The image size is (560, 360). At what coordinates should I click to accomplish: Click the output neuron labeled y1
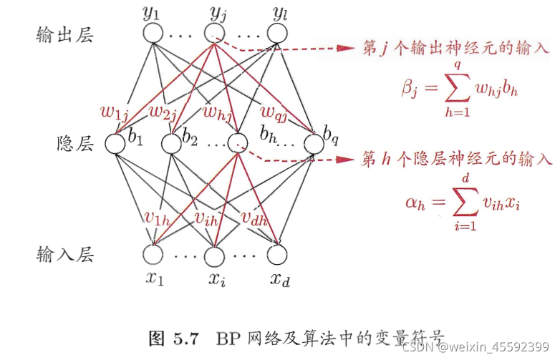153,33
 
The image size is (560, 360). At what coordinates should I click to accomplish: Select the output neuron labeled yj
214,33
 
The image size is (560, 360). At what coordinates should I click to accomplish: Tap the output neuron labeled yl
276,33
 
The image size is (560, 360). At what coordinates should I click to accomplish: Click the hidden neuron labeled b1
115,143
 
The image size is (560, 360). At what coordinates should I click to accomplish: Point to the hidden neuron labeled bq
313,143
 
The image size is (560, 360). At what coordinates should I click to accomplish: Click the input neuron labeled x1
153,254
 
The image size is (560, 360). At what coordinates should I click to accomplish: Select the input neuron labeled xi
214,254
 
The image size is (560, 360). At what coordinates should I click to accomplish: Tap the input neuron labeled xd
276,254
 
